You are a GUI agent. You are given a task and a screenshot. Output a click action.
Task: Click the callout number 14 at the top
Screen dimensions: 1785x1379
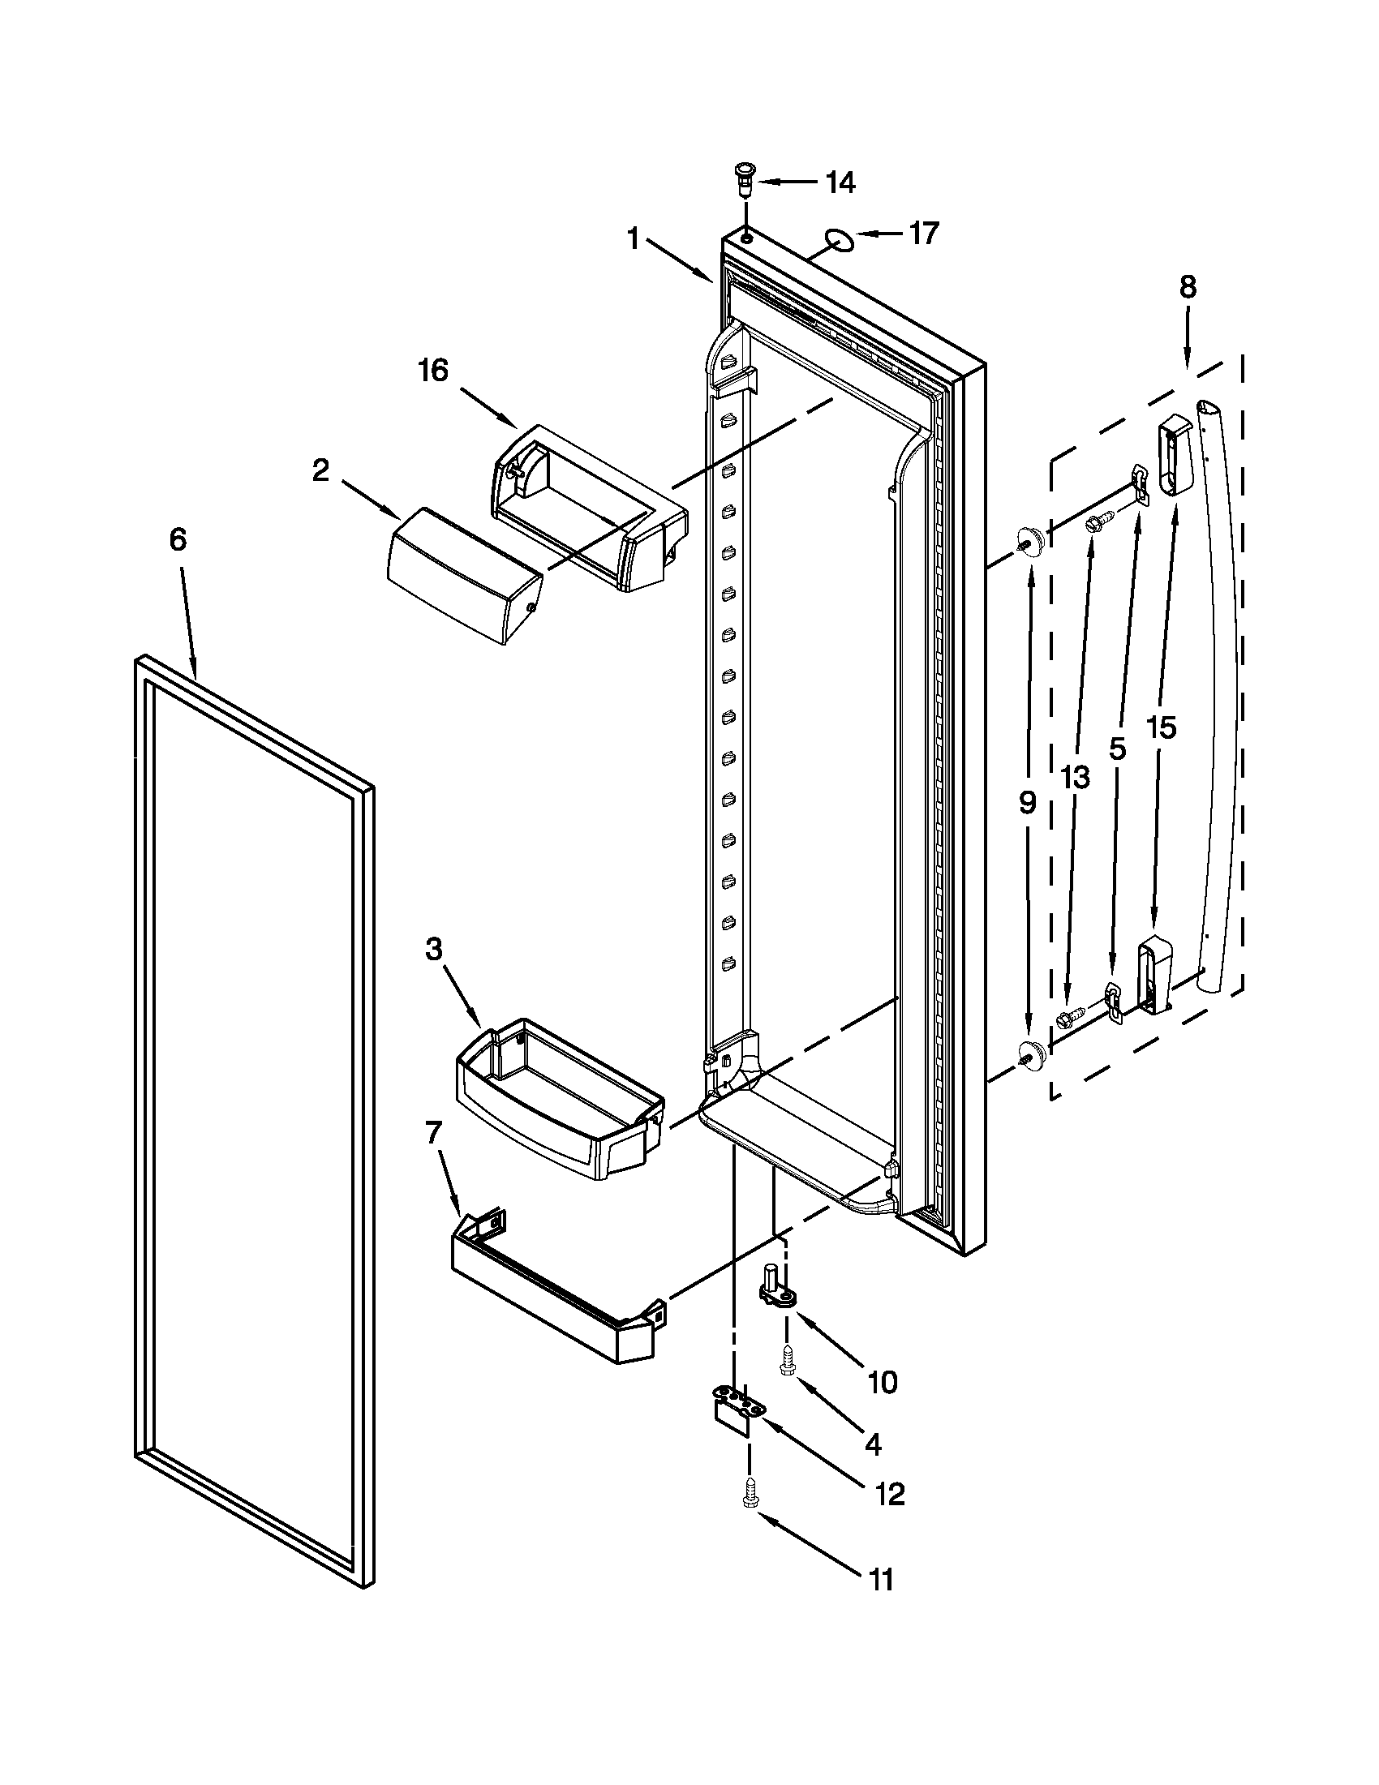[x=840, y=183]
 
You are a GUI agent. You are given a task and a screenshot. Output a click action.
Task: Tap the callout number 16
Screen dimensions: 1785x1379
[x=433, y=371]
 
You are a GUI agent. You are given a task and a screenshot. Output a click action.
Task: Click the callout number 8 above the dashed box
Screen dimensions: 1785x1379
[x=1188, y=287]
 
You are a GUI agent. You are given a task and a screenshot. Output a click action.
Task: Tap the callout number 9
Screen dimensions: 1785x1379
[x=1028, y=803]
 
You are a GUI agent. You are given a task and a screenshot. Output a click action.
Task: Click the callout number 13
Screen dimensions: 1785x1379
[x=1075, y=778]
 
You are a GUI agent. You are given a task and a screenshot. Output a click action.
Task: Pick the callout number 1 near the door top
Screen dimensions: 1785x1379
[x=633, y=239]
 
